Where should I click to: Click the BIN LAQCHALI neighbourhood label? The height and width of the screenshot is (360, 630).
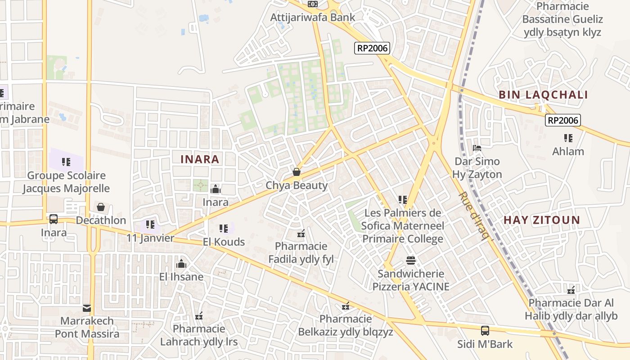pos(543,95)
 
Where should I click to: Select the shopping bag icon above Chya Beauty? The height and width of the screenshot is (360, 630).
pos(297,172)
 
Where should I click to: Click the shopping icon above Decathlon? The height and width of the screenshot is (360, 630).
pos(101,207)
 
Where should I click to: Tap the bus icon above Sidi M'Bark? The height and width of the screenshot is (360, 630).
pos(485,331)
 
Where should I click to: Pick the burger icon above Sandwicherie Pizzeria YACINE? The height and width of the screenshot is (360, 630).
pos(411,260)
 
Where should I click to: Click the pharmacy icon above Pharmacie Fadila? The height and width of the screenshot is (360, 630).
pos(301,233)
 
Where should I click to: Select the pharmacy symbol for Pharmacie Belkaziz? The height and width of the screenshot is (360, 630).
pos(346,306)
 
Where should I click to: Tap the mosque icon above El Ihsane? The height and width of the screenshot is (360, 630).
pos(181,263)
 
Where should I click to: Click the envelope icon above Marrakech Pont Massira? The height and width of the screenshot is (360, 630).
pos(87,308)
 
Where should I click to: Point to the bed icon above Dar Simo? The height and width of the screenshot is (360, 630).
pos(477,148)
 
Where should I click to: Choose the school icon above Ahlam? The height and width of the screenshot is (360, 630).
pos(568,138)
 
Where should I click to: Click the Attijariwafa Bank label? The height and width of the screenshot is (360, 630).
pos(313,18)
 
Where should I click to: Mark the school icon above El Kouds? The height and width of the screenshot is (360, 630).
pos(224,229)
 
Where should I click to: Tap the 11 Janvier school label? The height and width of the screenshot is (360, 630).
pos(150,238)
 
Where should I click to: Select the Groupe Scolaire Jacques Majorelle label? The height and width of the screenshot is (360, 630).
pos(66,182)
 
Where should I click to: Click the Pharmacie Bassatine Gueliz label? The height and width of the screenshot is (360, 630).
pos(562,19)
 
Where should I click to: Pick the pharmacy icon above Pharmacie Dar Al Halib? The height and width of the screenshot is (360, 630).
pos(571,290)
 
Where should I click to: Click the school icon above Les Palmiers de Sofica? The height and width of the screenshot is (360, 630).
pos(403,199)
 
